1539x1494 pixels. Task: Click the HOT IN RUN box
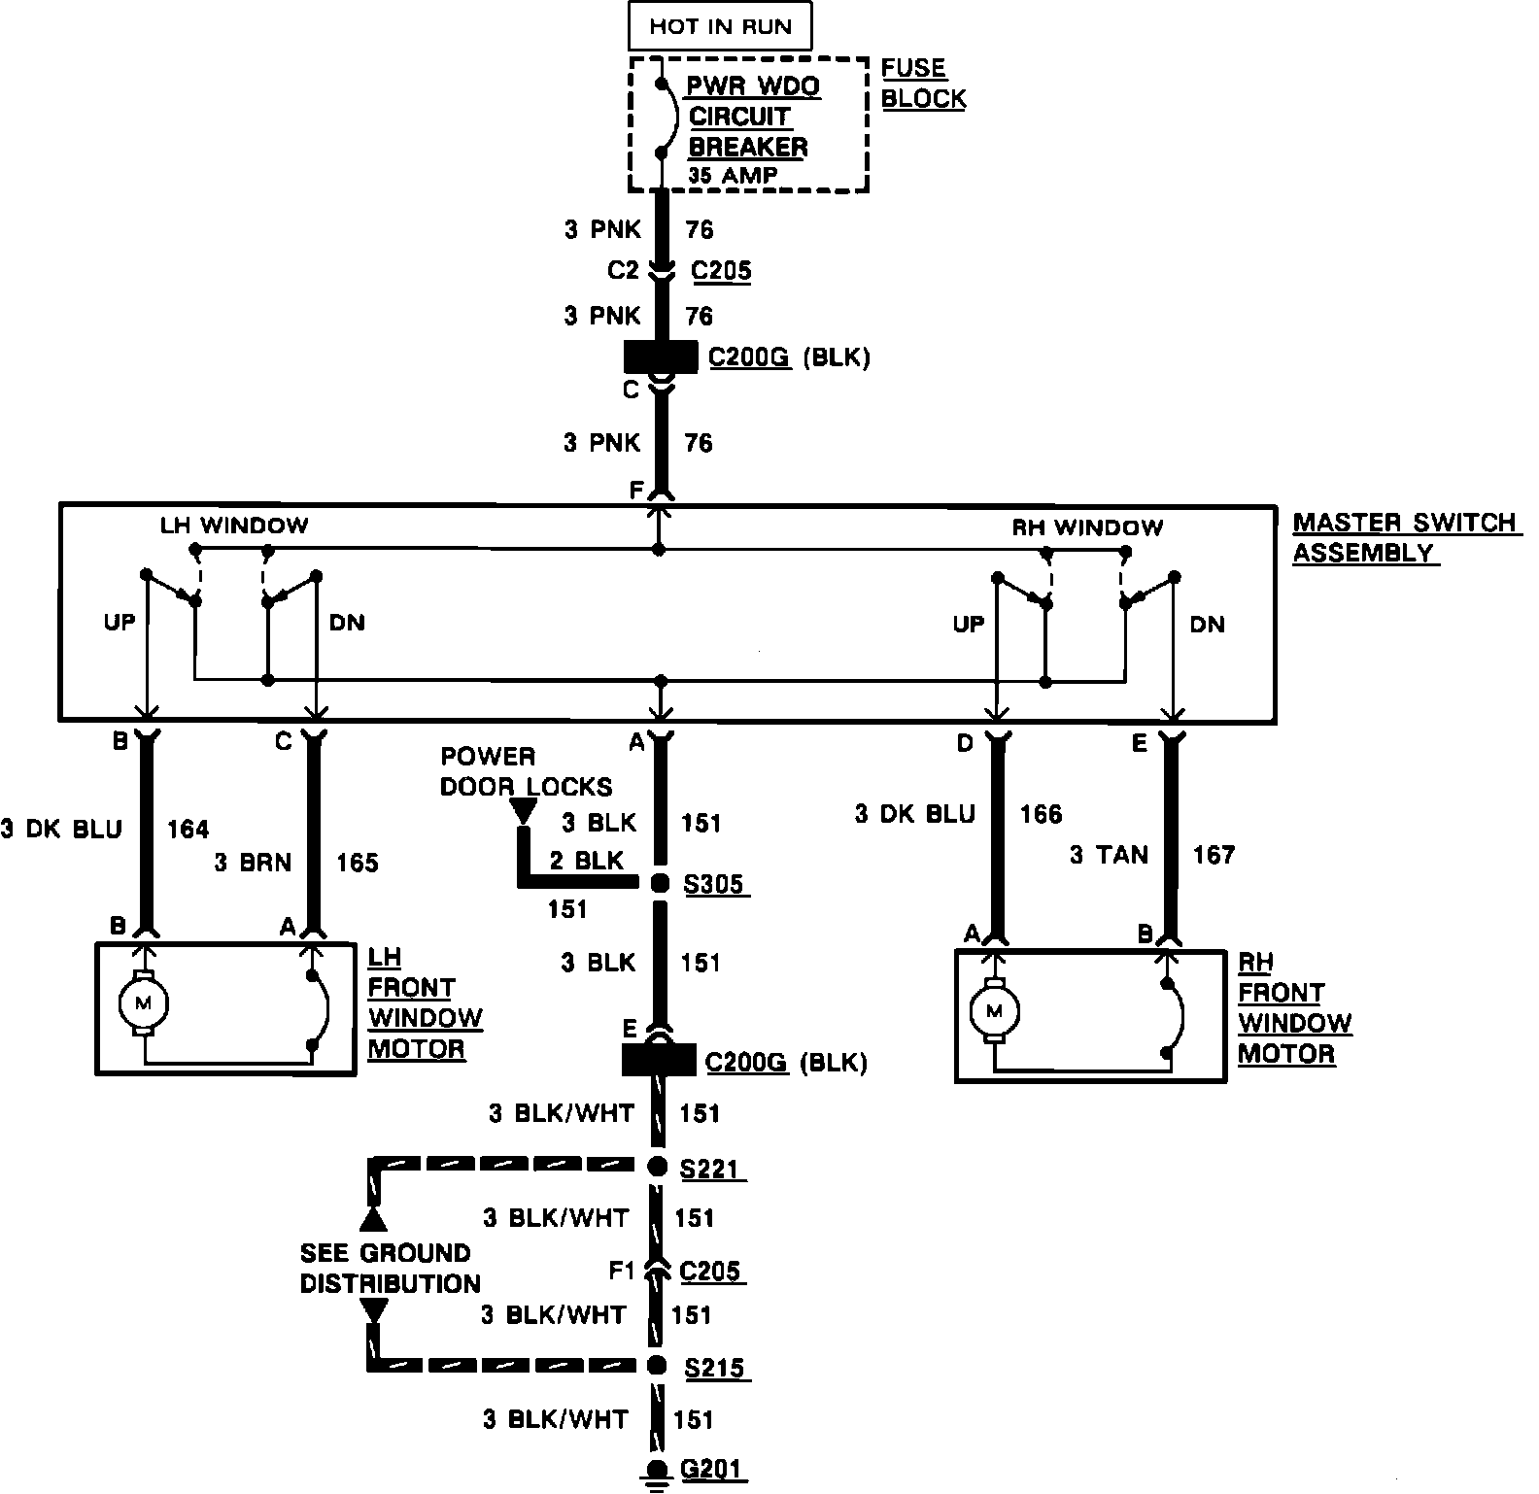click(x=720, y=26)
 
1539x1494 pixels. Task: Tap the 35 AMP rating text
click(x=734, y=176)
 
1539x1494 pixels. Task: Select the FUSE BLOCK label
click(x=923, y=84)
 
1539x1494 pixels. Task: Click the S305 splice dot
click(x=660, y=883)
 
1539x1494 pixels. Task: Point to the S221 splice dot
click(x=659, y=1166)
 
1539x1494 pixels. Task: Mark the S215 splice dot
click(x=659, y=1365)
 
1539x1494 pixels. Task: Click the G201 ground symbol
click(x=659, y=1473)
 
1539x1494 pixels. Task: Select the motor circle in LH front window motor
click(x=143, y=1002)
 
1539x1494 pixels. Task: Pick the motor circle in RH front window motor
click(x=993, y=1011)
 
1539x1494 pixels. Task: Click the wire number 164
click(x=188, y=829)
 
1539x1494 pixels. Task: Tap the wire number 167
click(x=1214, y=855)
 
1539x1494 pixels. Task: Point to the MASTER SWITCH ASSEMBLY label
click(x=1404, y=537)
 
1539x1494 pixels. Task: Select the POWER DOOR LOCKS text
click(x=526, y=771)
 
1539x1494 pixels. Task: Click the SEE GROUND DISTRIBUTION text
click(x=390, y=1268)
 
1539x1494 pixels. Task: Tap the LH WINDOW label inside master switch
click(x=234, y=526)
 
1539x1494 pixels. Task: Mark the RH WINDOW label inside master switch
click(x=1087, y=527)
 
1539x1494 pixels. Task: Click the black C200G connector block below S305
click(x=660, y=1060)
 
